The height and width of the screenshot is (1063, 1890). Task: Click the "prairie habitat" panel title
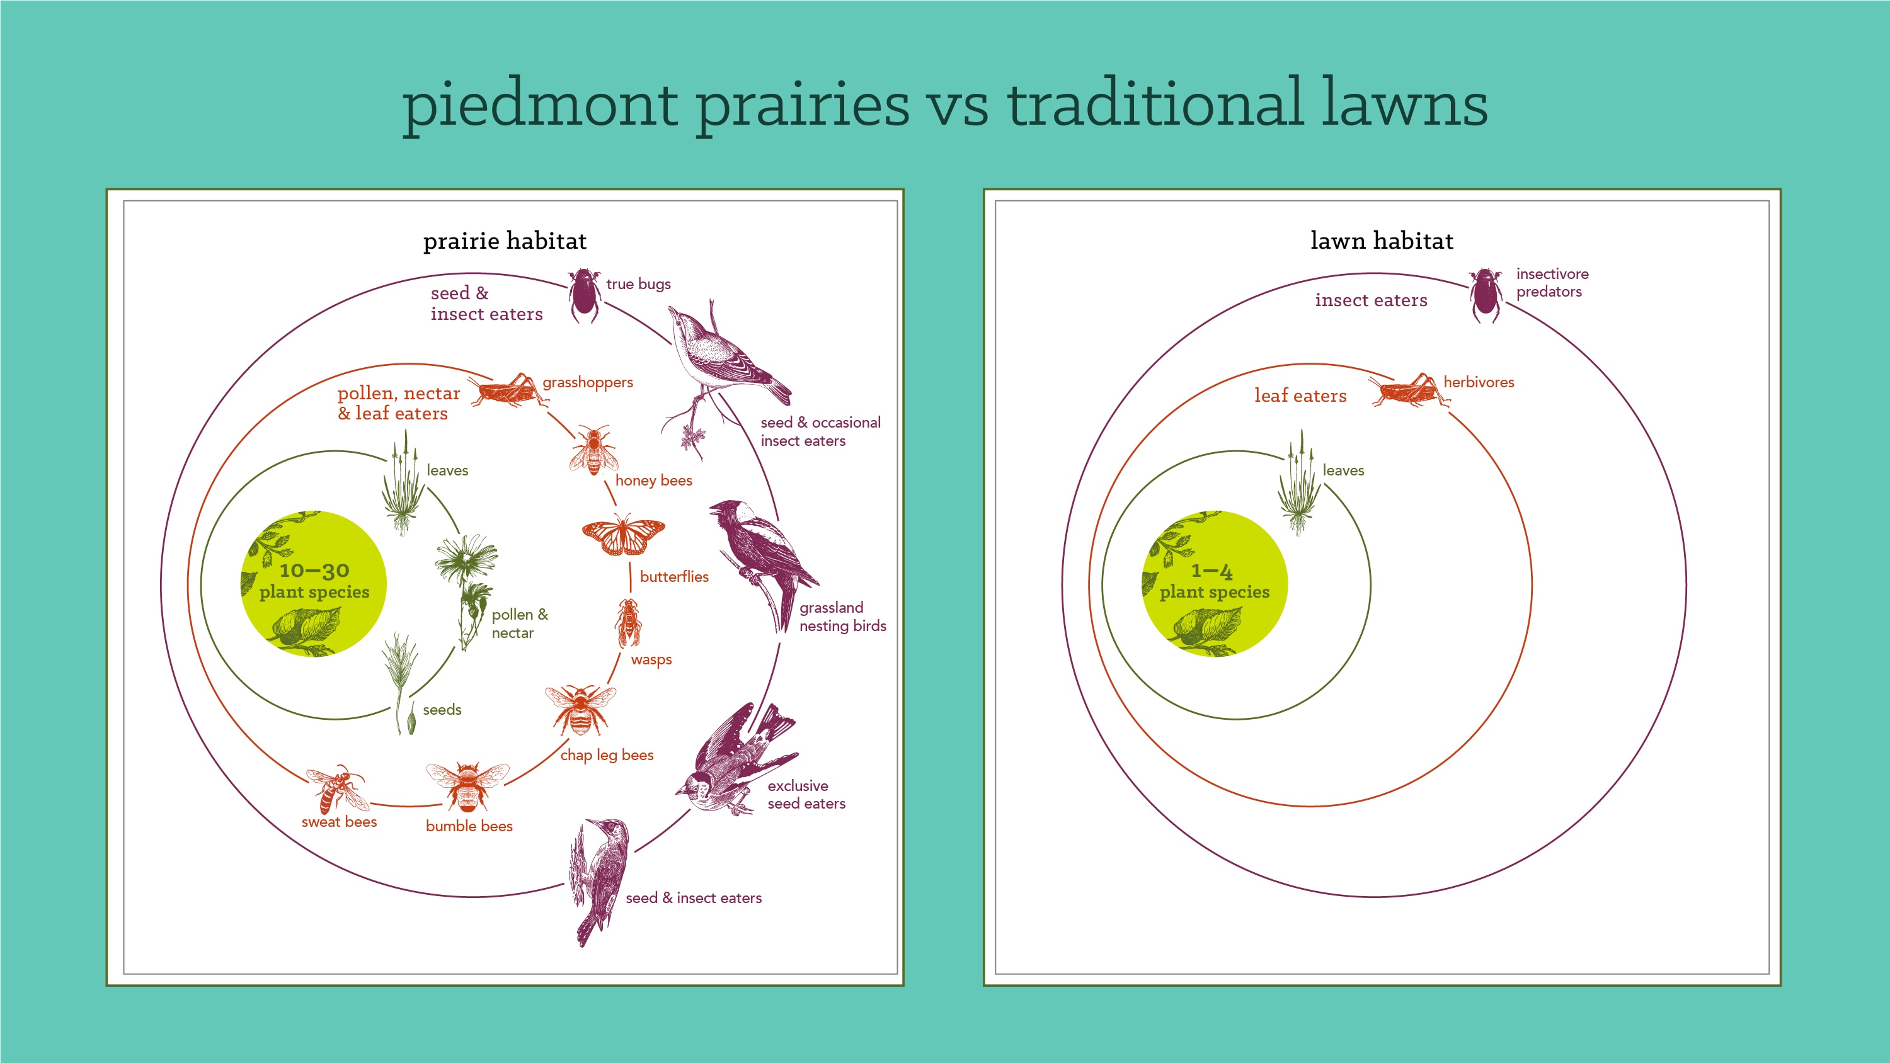[x=505, y=241]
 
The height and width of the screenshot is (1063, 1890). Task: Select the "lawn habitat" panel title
[x=1382, y=241]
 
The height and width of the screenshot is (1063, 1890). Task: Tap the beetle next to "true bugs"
[x=585, y=295]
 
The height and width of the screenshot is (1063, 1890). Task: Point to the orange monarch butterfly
[x=624, y=535]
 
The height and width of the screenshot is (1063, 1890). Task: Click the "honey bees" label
[x=654, y=480]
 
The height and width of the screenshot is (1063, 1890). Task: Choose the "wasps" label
[x=651, y=659]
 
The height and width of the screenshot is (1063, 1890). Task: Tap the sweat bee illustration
[x=338, y=789]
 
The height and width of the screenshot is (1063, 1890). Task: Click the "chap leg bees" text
[x=607, y=755]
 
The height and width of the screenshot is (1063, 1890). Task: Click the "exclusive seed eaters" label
[x=806, y=795]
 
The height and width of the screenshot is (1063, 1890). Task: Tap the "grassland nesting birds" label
[x=842, y=617]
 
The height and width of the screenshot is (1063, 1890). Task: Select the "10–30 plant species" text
[x=314, y=581]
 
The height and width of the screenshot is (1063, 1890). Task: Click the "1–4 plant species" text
[x=1214, y=581]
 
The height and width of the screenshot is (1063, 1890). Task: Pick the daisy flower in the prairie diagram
[x=466, y=559]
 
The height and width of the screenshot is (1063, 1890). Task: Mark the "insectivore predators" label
[x=1552, y=283]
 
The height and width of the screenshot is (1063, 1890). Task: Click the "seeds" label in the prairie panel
[x=442, y=709]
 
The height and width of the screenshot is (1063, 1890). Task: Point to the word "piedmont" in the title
[x=540, y=106]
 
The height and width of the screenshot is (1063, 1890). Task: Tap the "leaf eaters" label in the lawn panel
[x=1300, y=395]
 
